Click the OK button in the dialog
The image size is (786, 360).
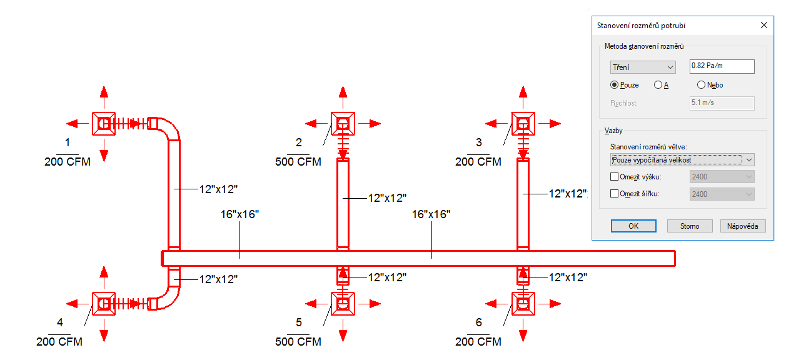[633, 226]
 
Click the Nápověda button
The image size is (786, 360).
[743, 226]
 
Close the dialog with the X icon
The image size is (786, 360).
[763, 26]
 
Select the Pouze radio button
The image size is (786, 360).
[615, 85]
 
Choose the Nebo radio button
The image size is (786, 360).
[701, 85]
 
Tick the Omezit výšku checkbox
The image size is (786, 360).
[614, 177]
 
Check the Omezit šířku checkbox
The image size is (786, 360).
[614, 194]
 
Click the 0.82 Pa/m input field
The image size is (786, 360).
[721, 66]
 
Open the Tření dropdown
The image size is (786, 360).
[643, 67]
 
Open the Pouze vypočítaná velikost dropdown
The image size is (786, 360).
[682, 160]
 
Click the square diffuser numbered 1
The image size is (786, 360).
[104, 124]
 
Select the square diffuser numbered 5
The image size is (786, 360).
[343, 304]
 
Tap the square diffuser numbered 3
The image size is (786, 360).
[523, 124]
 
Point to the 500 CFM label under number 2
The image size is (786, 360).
[298, 162]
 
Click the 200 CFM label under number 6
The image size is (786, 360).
[478, 342]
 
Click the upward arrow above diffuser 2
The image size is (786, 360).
[343, 92]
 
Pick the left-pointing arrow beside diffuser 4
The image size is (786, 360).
[74, 304]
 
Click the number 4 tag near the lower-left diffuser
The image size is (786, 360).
[60, 323]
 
